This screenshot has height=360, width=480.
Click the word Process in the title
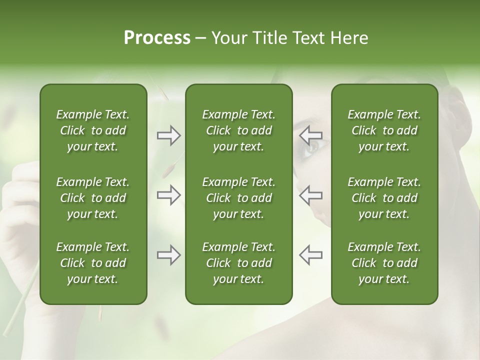[x=157, y=38]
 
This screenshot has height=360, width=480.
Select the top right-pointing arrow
[x=168, y=135]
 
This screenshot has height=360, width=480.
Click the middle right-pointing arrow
[x=168, y=195]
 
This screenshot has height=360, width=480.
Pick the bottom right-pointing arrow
[x=168, y=255]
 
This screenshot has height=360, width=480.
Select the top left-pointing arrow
[x=310, y=135]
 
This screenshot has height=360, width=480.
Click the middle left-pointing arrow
[x=310, y=195]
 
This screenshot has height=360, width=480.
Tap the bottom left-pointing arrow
[x=310, y=255]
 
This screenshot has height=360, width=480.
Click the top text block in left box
[x=93, y=130]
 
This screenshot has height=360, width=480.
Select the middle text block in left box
[x=93, y=198]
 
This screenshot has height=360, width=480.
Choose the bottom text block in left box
[x=93, y=263]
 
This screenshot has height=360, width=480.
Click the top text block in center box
[x=238, y=130]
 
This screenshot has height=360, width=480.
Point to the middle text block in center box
[x=238, y=198]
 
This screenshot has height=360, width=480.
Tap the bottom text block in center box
[x=238, y=263]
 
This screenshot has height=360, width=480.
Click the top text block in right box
[x=384, y=130]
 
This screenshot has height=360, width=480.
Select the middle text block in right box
[x=384, y=198]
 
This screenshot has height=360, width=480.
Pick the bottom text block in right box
[x=384, y=263]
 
